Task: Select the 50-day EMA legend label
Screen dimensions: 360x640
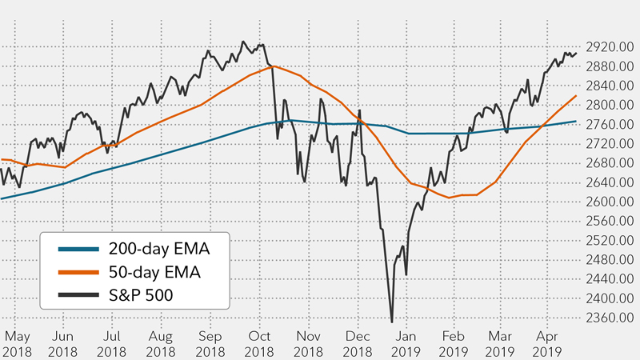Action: point(155,271)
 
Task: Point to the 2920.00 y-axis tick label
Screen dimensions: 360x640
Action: point(609,47)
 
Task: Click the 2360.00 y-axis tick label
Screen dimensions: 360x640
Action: point(609,318)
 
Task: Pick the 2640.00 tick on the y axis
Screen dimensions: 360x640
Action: point(609,182)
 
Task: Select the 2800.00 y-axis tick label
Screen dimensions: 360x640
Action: point(609,105)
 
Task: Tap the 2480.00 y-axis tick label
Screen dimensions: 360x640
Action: point(609,260)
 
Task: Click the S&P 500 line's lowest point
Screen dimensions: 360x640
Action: point(392,322)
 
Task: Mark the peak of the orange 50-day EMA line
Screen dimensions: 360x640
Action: point(272,66)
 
